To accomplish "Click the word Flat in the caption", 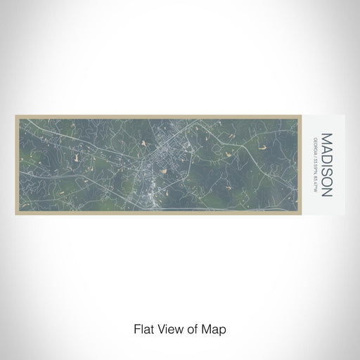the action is [143, 328].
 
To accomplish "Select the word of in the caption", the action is [193, 328].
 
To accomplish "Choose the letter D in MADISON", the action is [326, 150].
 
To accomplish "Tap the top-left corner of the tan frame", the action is [15, 116].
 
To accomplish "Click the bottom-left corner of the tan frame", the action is [15, 214].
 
